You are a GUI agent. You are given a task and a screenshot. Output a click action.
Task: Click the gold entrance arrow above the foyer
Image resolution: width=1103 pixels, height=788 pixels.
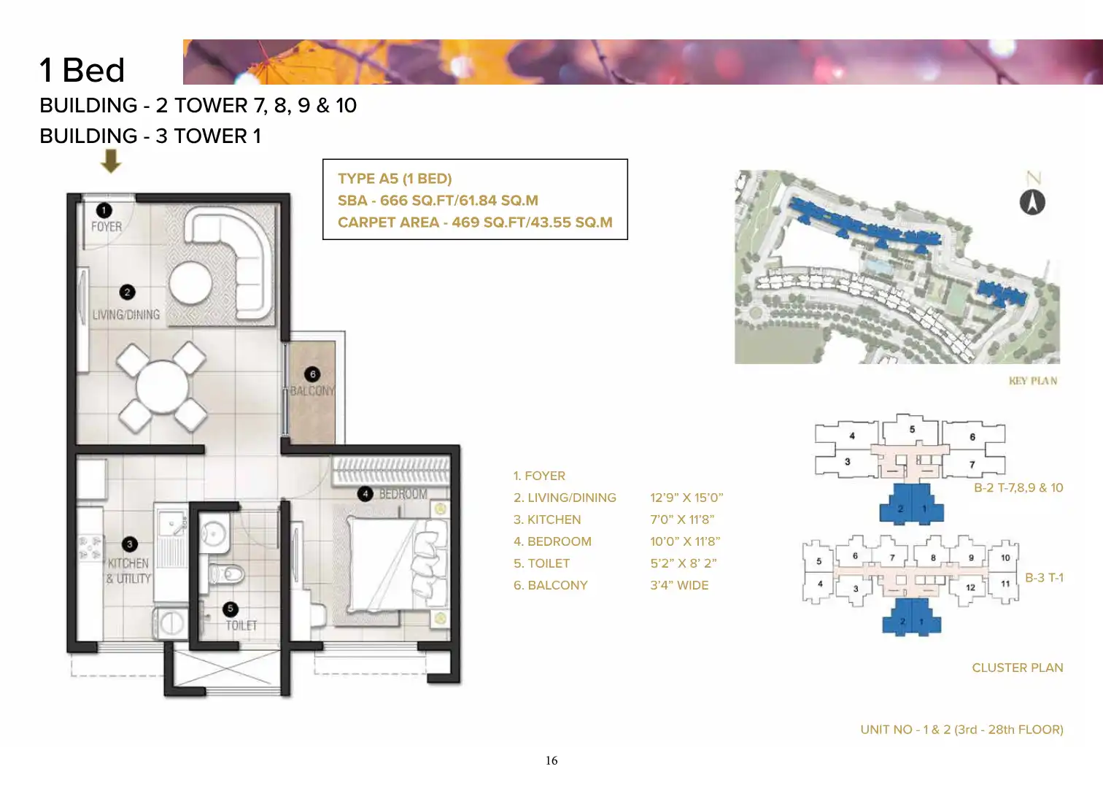[x=111, y=161]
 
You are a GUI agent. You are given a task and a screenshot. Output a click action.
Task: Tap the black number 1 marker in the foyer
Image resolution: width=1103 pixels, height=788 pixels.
[x=104, y=211]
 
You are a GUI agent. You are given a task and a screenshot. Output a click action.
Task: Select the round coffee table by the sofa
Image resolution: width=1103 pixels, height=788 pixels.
[x=190, y=283]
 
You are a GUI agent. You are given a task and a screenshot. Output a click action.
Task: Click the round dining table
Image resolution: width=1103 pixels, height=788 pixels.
[x=162, y=387]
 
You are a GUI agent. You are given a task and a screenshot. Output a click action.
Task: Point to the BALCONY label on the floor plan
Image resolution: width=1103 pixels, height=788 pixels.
[x=312, y=391]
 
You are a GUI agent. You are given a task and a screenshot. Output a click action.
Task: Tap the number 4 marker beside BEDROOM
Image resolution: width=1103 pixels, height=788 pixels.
[x=365, y=494]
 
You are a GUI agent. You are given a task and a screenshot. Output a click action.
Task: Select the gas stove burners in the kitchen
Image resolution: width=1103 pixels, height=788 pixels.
[x=91, y=548]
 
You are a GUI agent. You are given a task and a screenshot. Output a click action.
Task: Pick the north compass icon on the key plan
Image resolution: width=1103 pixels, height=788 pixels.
[x=1032, y=202]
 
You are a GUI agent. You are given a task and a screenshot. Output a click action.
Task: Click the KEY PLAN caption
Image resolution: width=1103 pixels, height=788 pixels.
[x=1033, y=381]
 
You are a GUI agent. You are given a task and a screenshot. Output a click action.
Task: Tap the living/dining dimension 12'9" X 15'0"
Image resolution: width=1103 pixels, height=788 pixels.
[x=686, y=498]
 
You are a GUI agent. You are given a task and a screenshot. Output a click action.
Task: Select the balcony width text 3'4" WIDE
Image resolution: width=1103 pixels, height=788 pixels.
[x=679, y=585]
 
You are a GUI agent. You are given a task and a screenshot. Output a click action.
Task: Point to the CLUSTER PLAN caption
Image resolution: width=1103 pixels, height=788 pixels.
[x=1018, y=668]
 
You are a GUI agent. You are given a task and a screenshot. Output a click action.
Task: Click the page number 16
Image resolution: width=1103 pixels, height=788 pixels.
[x=551, y=761]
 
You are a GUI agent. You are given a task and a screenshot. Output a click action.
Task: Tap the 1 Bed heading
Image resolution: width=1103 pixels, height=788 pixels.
[x=82, y=70]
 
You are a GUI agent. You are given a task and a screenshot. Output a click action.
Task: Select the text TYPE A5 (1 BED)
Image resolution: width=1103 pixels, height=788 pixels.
[x=395, y=178]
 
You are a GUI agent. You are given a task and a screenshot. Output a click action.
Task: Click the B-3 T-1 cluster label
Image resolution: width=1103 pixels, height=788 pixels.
[x=1045, y=578]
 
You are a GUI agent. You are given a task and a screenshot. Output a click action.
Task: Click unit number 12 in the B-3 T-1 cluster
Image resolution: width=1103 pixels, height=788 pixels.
[x=970, y=587]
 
